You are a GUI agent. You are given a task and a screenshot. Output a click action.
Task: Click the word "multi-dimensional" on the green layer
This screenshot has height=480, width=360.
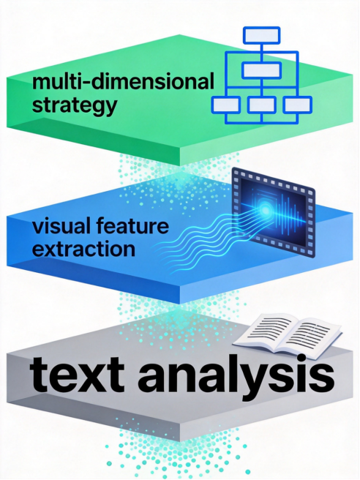click(x=123, y=82)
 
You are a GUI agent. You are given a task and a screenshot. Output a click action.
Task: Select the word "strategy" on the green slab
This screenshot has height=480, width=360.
click(x=75, y=105)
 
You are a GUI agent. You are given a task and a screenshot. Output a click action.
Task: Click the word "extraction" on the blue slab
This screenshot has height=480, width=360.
click(x=83, y=249)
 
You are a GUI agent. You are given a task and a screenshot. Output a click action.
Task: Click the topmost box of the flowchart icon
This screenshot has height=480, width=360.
click(x=262, y=35)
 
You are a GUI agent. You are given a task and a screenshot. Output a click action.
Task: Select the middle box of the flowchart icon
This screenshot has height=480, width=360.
click(x=262, y=70)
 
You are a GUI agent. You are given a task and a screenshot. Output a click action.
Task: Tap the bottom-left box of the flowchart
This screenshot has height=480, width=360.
click(x=226, y=105)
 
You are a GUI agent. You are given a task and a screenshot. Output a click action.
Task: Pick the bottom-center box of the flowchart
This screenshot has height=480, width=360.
click(x=262, y=105)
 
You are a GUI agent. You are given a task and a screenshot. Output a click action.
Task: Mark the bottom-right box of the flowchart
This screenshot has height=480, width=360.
click(x=298, y=105)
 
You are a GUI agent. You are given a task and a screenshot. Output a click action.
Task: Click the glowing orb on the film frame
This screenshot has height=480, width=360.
click(x=265, y=210)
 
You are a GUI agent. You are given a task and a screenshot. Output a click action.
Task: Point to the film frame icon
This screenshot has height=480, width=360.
click(x=274, y=212)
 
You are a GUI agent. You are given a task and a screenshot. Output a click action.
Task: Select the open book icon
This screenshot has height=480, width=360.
click(x=287, y=336)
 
